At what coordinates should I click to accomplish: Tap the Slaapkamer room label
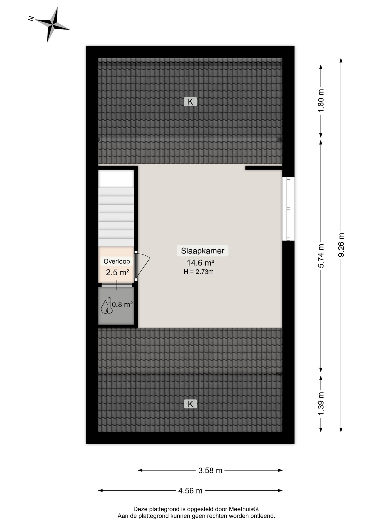tap(203, 251)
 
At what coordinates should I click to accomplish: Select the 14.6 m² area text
tap(201, 263)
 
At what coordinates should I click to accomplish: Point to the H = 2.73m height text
tap(199, 272)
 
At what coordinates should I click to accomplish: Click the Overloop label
tap(117, 261)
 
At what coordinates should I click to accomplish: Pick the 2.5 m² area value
tap(118, 272)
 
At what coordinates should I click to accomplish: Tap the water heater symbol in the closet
tap(107, 305)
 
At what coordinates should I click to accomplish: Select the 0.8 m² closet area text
tap(122, 304)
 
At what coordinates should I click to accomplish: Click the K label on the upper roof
tap(190, 102)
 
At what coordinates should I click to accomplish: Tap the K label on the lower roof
tap(190, 404)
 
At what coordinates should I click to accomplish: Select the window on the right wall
tap(288, 209)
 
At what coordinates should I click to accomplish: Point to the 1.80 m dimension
tap(321, 101)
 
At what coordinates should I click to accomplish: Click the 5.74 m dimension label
tap(321, 256)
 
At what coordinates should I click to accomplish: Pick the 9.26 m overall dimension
tap(341, 245)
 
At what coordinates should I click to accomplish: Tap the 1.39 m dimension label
tap(321, 404)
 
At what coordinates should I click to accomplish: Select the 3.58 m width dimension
tap(210, 470)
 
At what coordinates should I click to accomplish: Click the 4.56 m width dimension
tap(190, 490)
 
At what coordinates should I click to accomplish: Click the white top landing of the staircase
tap(116, 179)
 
